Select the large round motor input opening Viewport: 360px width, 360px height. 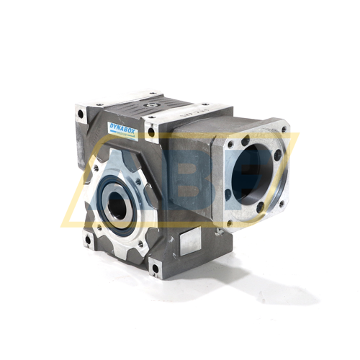coord(256,172)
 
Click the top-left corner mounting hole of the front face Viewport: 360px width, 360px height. coord(79,112)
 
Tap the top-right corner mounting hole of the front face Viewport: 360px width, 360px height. coord(150,132)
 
